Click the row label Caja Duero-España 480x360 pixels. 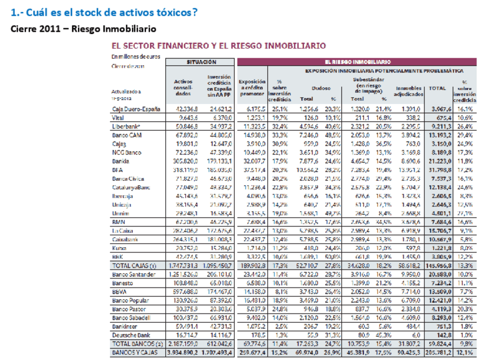pyautogui.click(x=135, y=109)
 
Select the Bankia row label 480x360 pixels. pyautogui.click(x=121, y=161)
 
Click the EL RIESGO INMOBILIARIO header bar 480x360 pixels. pyautogui.click(x=357, y=62)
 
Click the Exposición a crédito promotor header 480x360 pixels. pyautogui.click(x=252, y=88)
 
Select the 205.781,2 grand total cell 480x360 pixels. pyautogui.click(x=438, y=353)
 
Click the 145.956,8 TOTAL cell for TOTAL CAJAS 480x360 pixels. pyautogui.click(x=438, y=265)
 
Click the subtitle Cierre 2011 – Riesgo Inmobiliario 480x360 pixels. pyautogui.click(x=83, y=29)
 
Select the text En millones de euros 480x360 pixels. pyautogui.click(x=136, y=57)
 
